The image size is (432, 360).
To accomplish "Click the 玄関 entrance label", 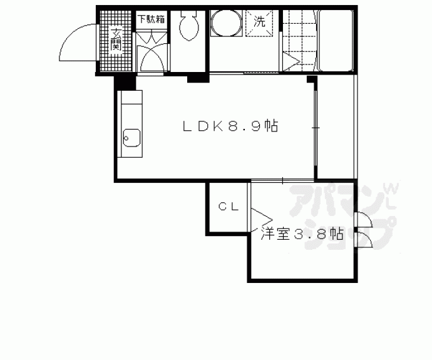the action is click(x=116, y=39).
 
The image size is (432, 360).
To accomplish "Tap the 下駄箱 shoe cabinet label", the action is click(x=152, y=19).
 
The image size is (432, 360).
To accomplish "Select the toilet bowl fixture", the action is click(x=188, y=25).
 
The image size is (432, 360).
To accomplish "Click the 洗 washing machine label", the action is click(x=259, y=21).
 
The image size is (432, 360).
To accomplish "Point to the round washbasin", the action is click(x=226, y=23).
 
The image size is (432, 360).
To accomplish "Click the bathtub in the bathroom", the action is click(x=336, y=40).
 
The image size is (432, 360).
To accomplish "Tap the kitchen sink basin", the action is click(x=131, y=138).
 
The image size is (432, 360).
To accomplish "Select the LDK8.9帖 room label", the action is click(x=230, y=126).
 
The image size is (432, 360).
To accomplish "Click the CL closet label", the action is click(x=229, y=207).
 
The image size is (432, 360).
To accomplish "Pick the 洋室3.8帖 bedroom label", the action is click(x=302, y=234).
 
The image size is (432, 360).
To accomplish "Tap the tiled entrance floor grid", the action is click(x=116, y=41).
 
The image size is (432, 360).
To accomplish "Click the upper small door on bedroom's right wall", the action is click(x=364, y=220).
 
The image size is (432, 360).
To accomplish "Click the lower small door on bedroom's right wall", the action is click(x=364, y=240).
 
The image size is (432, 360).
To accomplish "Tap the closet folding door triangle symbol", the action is click(x=262, y=220).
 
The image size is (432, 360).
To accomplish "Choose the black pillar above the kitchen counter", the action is click(x=125, y=83).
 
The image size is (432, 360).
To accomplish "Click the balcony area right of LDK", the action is click(x=336, y=126).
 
